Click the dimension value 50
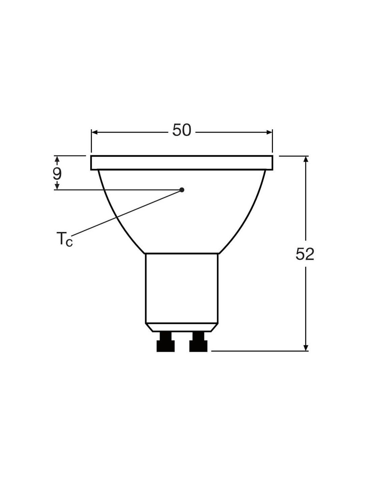click(182, 130)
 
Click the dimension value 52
click(305, 254)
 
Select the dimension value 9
click(57, 174)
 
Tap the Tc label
click(64, 239)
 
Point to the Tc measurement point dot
click(182, 190)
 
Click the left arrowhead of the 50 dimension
click(95, 132)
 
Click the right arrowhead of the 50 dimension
click(269, 132)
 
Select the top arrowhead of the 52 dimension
click(306, 159)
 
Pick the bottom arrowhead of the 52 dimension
click(306, 347)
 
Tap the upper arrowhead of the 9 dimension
click(57, 159)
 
